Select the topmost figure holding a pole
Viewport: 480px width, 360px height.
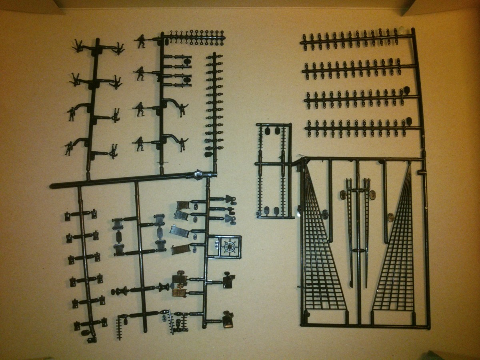coord(141,41)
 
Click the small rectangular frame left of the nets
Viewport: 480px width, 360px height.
coord(274,170)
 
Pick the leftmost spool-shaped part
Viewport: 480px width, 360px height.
coord(120,291)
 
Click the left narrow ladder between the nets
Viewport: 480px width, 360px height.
coord(350,232)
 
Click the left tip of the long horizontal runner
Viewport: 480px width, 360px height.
coord(52,186)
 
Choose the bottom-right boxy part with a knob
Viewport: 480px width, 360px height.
coord(228,318)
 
